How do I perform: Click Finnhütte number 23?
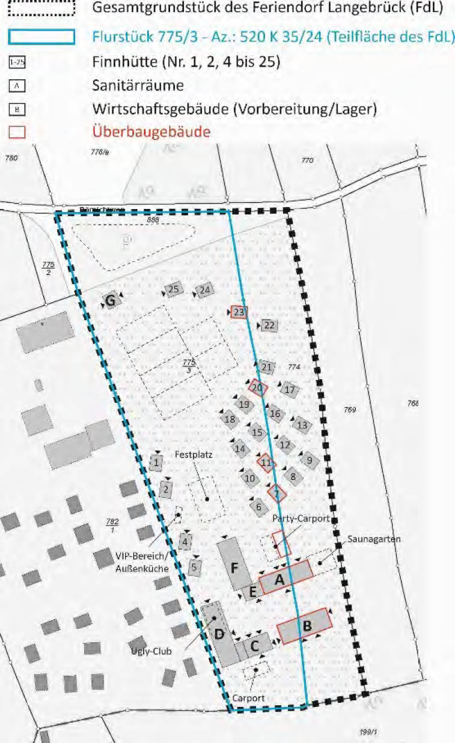point(239,312)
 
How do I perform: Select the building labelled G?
point(111,300)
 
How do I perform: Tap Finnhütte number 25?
point(174,290)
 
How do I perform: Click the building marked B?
point(306,626)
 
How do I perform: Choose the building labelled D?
point(221,634)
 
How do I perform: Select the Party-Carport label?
point(301,518)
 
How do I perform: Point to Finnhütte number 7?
point(276,494)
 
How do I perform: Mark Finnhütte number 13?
point(302,425)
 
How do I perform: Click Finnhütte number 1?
point(156,462)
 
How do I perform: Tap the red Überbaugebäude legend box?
point(17,132)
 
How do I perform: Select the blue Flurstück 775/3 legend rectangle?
point(41,37)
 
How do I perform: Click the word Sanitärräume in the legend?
point(138,85)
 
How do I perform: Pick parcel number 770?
point(308,160)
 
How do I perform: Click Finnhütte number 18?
point(229,419)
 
